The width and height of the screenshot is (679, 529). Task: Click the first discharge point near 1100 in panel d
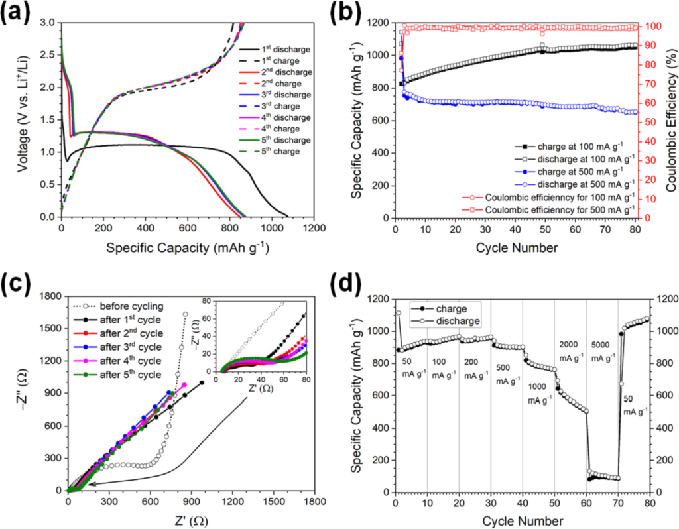pyautogui.click(x=398, y=313)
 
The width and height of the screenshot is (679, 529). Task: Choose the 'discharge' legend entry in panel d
pyautogui.click(x=454, y=320)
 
